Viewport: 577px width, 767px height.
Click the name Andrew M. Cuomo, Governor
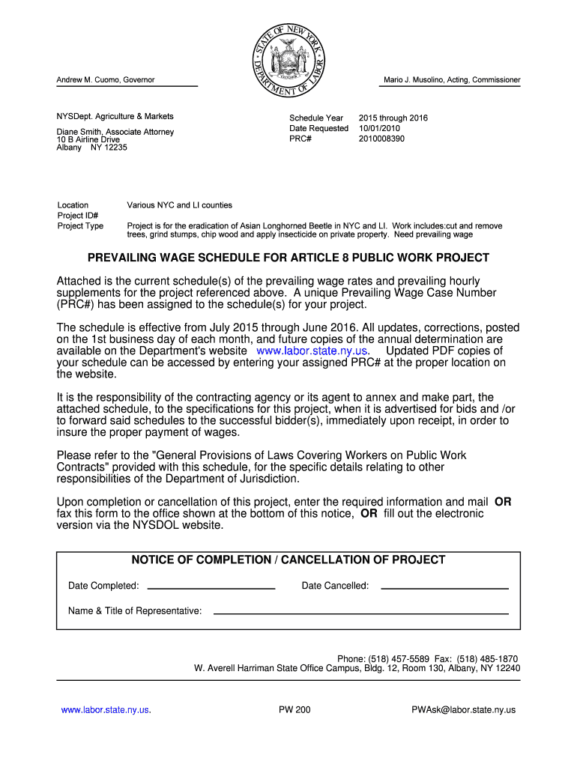[106, 80]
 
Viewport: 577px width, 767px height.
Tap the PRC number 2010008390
[381, 139]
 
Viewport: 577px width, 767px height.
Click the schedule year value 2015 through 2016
[393, 118]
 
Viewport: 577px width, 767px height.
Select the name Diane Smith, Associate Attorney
[115, 132]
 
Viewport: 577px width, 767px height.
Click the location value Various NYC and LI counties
[180, 205]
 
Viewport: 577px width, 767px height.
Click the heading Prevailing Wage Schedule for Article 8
[288, 258]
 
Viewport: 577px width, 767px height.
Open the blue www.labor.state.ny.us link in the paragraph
[312, 351]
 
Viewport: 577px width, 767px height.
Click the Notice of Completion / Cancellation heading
[288, 560]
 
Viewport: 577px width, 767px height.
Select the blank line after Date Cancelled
[444, 587]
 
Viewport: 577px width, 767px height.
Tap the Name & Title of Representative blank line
[360, 613]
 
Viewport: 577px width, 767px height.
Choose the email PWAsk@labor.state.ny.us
[463, 710]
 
